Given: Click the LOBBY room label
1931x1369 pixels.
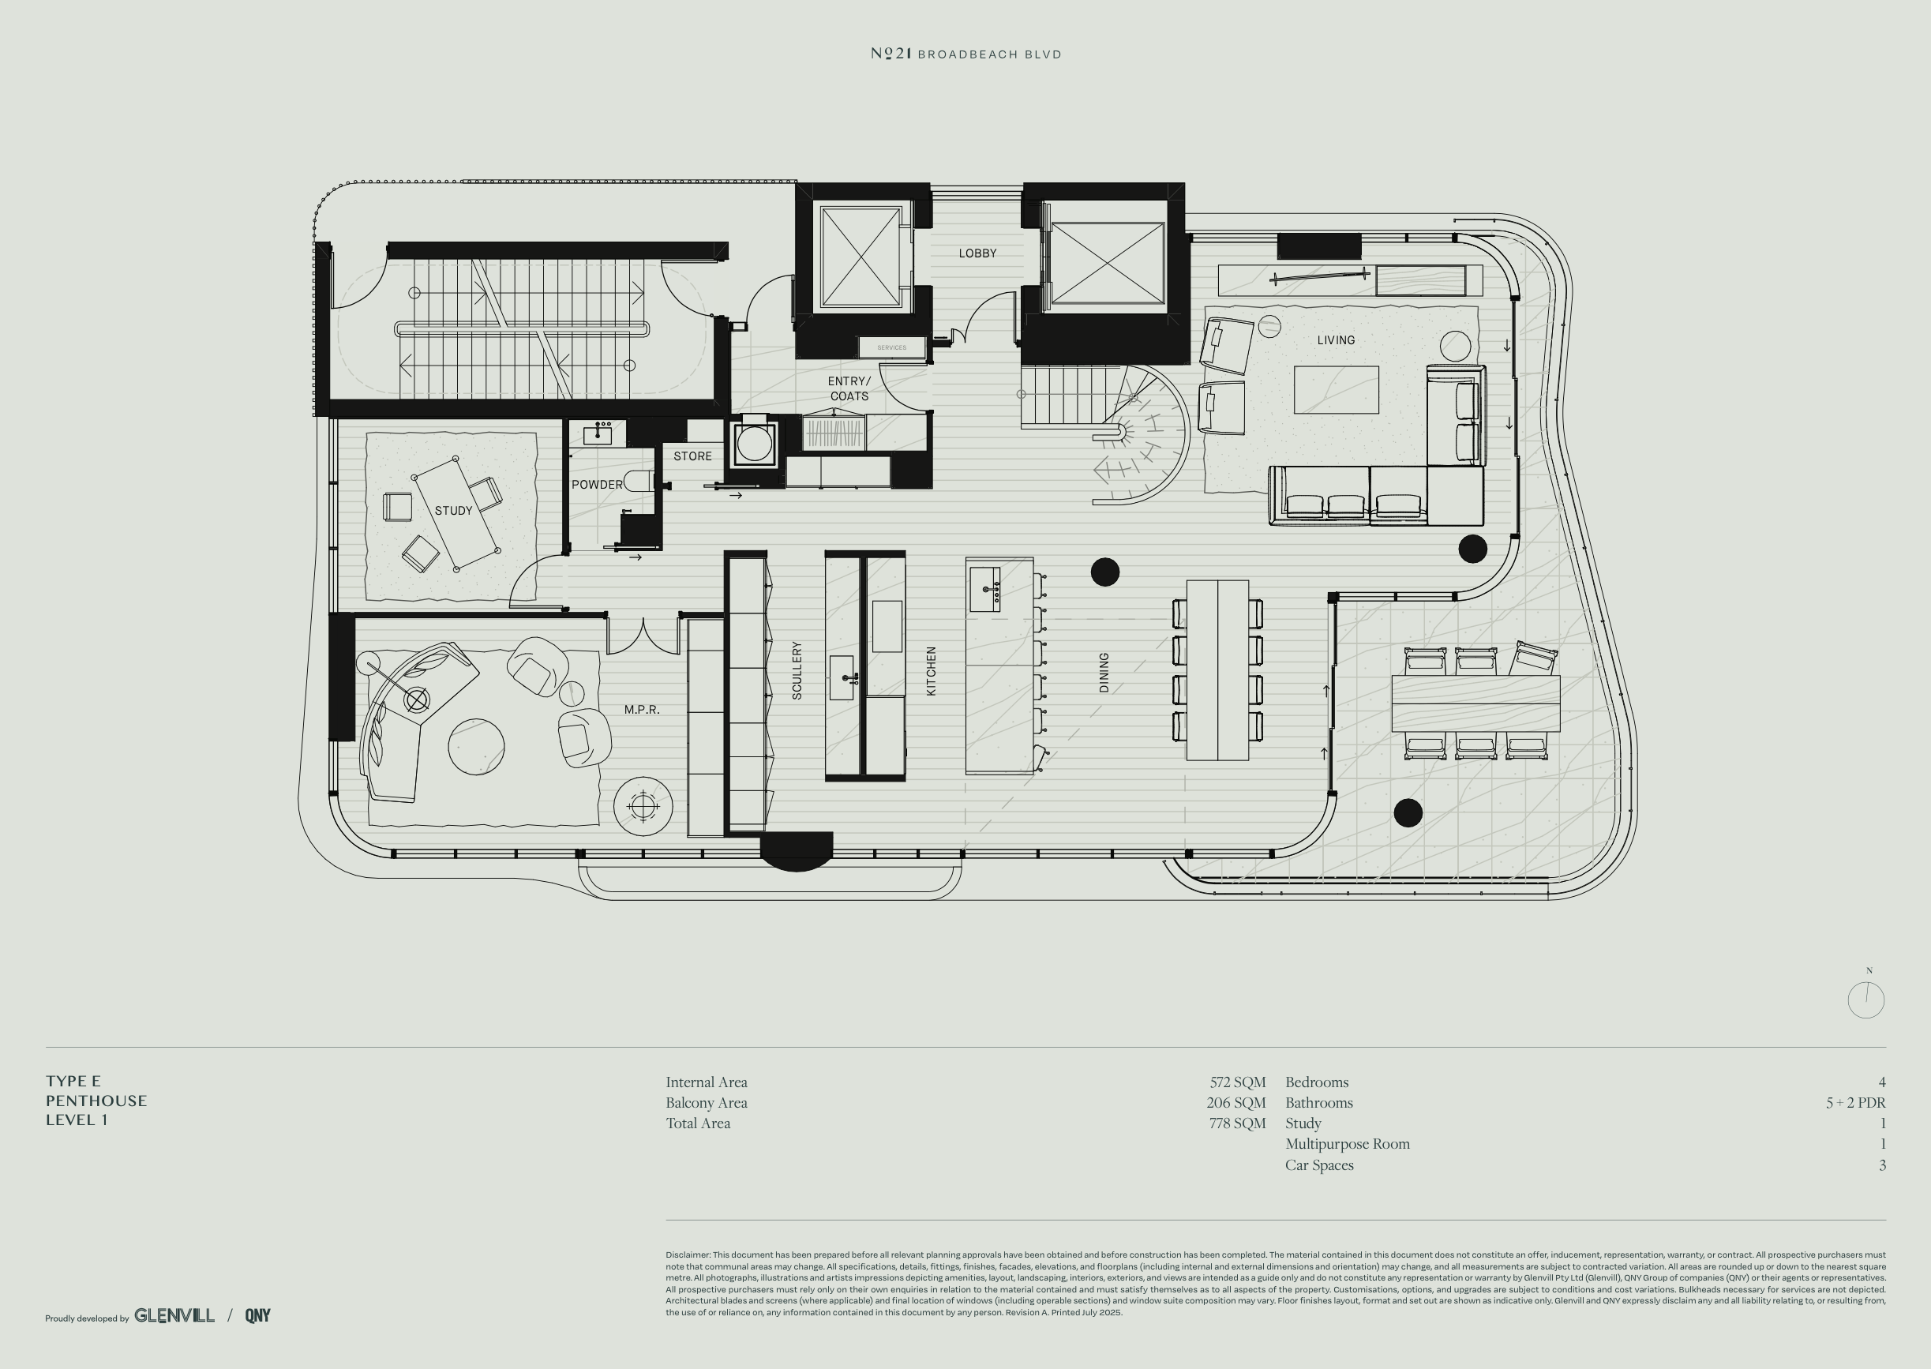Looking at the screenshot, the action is [x=977, y=253].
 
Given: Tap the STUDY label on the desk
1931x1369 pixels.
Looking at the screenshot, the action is [x=453, y=511].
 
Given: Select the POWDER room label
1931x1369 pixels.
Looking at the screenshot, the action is [x=597, y=485].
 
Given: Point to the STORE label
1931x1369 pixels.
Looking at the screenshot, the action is [x=693, y=456].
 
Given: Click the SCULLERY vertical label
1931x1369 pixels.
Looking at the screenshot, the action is [x=797, y=670].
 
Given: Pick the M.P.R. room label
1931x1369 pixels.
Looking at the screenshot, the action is [x=641, y=710].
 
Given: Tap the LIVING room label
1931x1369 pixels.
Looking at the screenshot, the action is [x=1336, y=340].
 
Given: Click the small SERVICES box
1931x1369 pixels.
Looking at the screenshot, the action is [x=892, y=347].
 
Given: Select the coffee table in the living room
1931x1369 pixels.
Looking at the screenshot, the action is [x=1336, y=389].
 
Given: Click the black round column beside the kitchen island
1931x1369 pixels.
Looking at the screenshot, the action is [x=1105, y=572].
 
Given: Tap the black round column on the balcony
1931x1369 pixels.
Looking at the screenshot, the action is [x=1408, y=812].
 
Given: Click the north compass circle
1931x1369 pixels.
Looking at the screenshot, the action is [x=1866, y=1000].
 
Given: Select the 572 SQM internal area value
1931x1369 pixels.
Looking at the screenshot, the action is [x=1237, y=1082].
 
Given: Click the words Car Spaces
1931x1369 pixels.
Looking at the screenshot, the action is [x=1319, y=1165].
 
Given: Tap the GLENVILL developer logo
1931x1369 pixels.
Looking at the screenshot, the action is [x=174, y=1315].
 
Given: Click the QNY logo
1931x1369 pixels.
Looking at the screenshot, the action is [x=258, y=1315].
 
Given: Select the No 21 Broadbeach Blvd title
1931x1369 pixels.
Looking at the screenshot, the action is [x=966, y=54].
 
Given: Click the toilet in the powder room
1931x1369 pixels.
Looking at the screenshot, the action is [x=638, y=482].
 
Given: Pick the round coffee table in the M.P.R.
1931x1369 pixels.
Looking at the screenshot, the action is [x=476, y=747].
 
